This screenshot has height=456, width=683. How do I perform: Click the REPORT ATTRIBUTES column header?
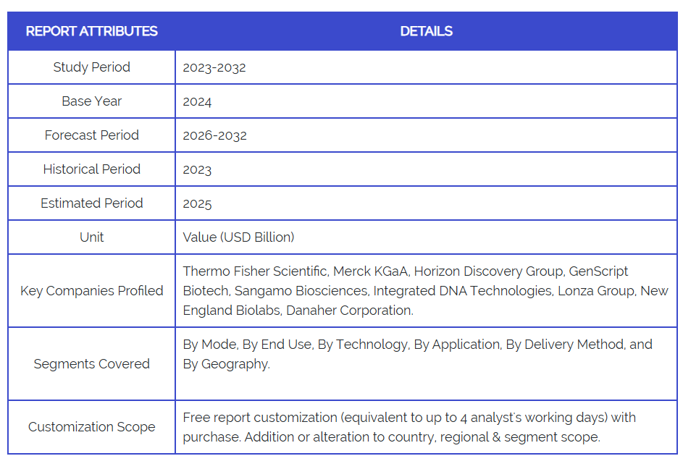pos(91,31)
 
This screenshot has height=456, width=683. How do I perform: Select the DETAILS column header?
pos(426,31)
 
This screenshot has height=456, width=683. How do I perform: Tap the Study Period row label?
pos(91,67)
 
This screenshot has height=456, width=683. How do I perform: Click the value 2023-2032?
pos(214,67)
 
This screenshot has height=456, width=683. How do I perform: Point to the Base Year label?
pos(91,101)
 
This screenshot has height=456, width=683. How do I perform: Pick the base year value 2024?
pos(197,101)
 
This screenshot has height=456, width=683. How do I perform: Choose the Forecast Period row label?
pos(91,135)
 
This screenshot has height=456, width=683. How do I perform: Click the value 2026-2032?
pos(214,135)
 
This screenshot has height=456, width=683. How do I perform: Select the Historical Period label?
pos(91,169)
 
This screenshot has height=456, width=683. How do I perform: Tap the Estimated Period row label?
pos(91,203)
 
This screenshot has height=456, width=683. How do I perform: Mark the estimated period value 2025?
pos(197,203)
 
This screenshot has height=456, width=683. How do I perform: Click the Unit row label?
pos(91,237)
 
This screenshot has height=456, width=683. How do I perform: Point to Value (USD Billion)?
pos(238,237)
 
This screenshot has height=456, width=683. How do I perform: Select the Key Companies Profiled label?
pos(91,291)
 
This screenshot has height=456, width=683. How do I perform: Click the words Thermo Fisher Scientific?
pos(254,271)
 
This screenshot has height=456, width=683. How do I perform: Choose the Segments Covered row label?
pos(91,364)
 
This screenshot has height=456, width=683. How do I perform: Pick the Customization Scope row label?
pos(91,427)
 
